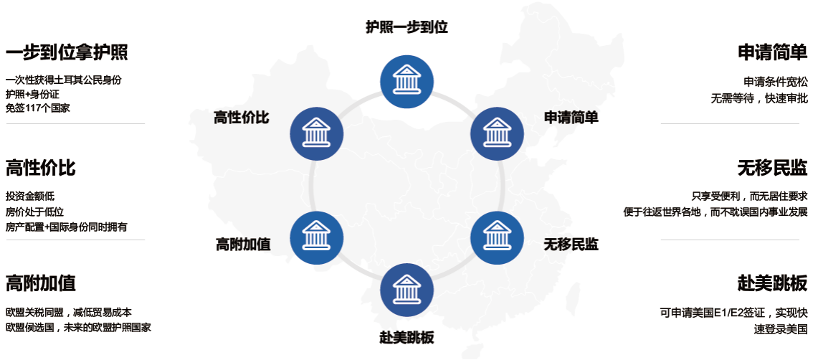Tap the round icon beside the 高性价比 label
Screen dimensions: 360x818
(x=316, y=133)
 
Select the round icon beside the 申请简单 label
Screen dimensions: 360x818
(x=496, y=133)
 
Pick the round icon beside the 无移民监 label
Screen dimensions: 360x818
(x=496, y=238)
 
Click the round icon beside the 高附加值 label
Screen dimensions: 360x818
(x=316, y=238)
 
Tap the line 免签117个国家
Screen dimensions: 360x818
(x=38, y=108)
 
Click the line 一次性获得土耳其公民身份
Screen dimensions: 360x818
(x=63, y=80)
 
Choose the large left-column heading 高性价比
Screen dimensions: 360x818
(x=40, y=168)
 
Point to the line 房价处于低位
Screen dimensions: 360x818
(x=34, y=212)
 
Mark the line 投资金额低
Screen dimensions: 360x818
(x=30, y=196)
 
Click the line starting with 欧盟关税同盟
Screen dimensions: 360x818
(x=68, y=313)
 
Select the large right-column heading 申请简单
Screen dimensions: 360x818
(x=773, y=53)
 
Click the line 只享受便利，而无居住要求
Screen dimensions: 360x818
(x=749, y=196)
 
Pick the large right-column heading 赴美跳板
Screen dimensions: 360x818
(x=773, y=283)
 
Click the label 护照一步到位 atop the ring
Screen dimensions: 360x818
(x=406, y=27)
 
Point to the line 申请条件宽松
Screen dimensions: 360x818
(x=776, y=82)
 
